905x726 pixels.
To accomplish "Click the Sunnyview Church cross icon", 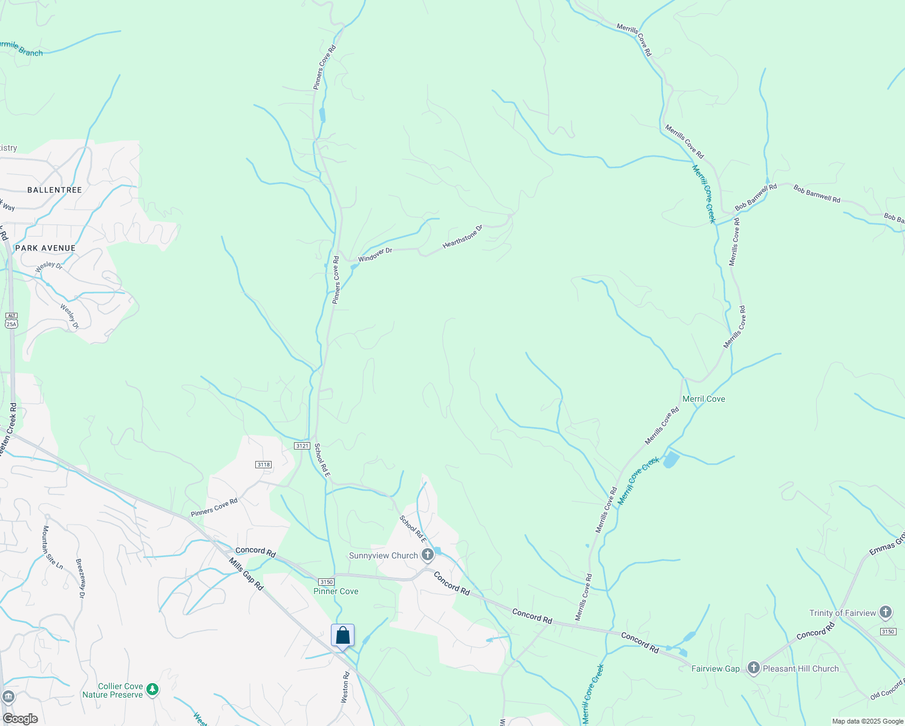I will (428, 554).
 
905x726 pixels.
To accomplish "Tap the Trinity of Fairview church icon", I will (885, 612).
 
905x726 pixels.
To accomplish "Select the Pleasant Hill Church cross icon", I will (753, 668).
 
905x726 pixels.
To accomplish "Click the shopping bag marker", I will (342, 636).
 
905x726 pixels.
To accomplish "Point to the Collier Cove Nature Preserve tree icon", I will (152, 689).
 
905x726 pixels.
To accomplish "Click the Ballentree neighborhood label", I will (54, 190).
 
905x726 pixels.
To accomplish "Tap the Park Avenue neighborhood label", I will (46, 248).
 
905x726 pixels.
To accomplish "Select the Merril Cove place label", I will (704, 399).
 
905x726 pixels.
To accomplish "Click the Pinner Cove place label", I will (336, 591).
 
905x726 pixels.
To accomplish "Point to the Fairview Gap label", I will (715, 669).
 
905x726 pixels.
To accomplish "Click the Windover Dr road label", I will (375, 255).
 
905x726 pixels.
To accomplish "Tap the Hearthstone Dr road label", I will (463, 237).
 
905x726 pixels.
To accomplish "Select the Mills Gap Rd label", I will (246, 573).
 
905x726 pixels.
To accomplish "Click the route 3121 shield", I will (302, 446).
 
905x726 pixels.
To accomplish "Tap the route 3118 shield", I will (263, 465).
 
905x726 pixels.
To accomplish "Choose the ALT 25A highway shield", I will (11, 320).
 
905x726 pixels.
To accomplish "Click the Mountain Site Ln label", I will (52, 547).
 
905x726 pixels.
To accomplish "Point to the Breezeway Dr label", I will (80, 578).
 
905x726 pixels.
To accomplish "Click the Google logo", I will (20, 718).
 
